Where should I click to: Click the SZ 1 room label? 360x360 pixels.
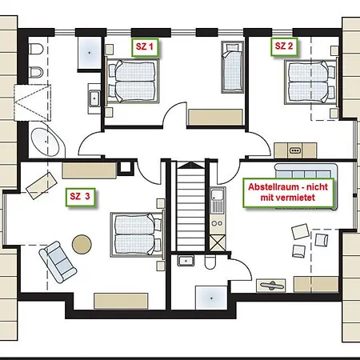point(145,47)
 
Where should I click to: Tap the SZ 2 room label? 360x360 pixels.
point(284,46)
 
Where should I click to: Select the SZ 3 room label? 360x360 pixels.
point(80,197)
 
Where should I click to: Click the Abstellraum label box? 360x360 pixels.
point(288,192)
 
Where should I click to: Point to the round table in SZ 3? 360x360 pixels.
point(82,244)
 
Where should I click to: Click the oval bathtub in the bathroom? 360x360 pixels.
point(45,142)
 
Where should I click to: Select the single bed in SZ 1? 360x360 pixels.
point(233,67)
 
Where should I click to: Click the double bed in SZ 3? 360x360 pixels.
point(138,235)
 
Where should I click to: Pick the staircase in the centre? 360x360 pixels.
point(190,206)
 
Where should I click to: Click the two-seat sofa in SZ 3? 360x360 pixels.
point(58,262)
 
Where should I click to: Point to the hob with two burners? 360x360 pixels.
point(217,223)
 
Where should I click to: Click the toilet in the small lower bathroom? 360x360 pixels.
point(210,262)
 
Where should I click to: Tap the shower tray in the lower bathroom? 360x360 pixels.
point(211,298)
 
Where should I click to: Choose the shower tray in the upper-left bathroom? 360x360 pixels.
point(90,53)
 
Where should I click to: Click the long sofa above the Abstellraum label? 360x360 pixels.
point(306,171)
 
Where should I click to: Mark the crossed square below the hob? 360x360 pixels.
point(218,243)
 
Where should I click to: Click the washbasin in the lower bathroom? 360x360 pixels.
point(186,260)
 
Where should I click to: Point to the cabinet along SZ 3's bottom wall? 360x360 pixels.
point(121,301)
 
